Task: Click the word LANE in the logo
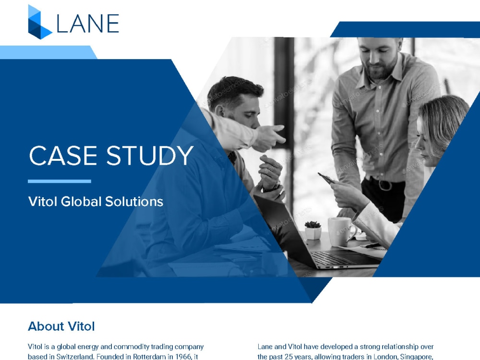88,23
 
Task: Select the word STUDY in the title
149,156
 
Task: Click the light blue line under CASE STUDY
59,181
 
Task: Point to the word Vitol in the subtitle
42,202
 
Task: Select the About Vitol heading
61,326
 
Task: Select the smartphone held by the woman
326,178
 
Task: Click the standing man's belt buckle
384,184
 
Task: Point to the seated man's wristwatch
273,186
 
